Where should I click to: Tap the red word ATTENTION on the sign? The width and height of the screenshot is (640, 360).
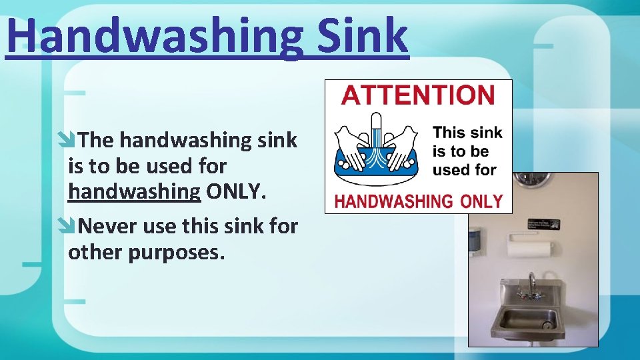click(x=418, y=95)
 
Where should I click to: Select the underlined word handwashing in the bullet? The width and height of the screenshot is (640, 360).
click(x=134, y=192)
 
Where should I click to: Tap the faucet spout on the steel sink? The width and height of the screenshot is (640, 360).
click(x=531, y=281)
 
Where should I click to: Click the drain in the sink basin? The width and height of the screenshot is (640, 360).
click(x=548, y=325)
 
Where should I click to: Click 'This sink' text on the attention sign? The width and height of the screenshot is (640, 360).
click(x=467, y=133)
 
